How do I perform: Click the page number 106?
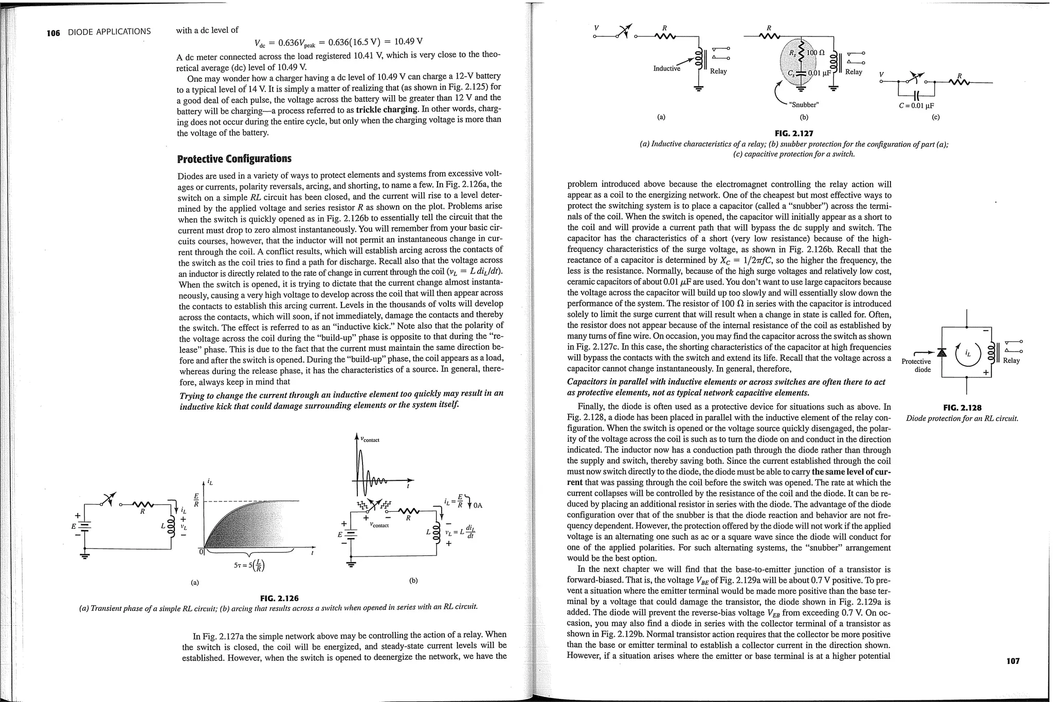[53, 33]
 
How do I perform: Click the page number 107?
[1012, 661]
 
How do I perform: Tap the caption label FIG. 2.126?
[279, 598]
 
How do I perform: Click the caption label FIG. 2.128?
[962, 408]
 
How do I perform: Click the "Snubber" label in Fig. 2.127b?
[803, 105]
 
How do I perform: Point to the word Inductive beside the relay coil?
[666, 68]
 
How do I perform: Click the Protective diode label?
[916, 365]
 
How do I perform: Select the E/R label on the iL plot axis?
[196, 499]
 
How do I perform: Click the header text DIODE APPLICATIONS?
[110, 32]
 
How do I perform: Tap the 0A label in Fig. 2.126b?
[478, 505]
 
